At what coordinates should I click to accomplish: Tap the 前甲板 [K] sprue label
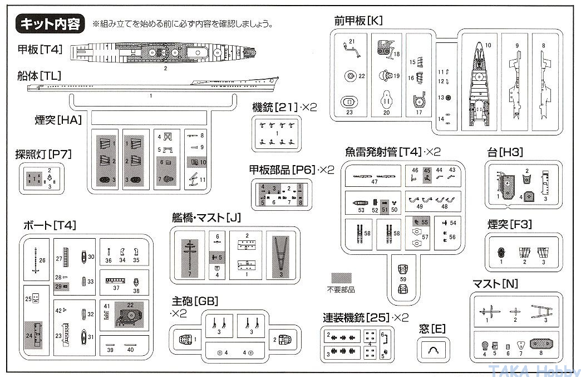point(358,21)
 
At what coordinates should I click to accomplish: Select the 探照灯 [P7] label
point(43,154)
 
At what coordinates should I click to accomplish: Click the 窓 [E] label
point(432,329)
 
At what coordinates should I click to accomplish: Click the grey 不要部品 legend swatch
point(341,278)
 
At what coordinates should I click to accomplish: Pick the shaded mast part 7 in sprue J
point(190,256)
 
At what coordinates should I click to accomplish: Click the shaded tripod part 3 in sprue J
point(282,256)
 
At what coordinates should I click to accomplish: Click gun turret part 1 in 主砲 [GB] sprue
point(185,339)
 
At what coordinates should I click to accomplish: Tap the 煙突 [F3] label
point(510,225)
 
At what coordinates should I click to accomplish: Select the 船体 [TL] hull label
point(39,76)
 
